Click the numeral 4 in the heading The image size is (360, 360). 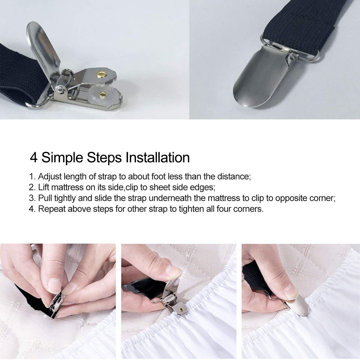pos(34,158)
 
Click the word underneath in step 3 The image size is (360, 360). pos(173,198)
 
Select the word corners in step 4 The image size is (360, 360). pos(250,209)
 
